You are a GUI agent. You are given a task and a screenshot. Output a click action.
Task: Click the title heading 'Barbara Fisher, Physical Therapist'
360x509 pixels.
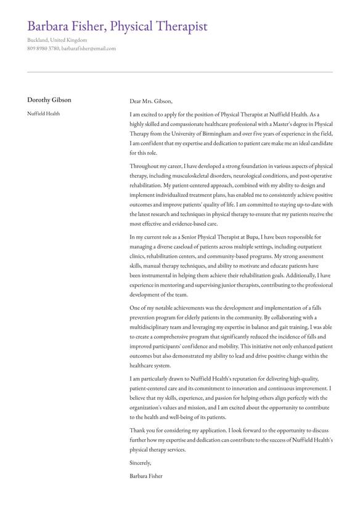tap(117, 26)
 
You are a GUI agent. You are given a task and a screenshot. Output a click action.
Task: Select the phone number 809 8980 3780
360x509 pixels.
tap(43, 48)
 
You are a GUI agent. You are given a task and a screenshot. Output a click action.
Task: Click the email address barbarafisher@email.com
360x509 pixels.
tap(88, 48)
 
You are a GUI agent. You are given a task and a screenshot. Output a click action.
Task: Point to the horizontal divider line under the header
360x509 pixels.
tap(180, 72)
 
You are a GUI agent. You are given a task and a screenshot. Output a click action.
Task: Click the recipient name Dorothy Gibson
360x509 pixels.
tap(49, 100)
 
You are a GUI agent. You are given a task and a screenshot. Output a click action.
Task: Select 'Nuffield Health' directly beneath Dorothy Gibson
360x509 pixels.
tap(43, 114)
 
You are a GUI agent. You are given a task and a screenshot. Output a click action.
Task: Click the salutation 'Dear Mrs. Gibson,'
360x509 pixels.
tap(151, 101)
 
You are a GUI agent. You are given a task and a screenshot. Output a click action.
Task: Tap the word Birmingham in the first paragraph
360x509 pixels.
tap(216, 133)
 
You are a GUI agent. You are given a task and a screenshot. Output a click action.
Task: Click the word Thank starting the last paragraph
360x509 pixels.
tap(137, 430)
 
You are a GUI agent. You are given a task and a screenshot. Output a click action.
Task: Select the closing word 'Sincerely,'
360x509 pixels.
tap(141, 462)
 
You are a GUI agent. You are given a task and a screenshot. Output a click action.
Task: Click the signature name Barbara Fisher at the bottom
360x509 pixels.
tap(146, 476)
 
